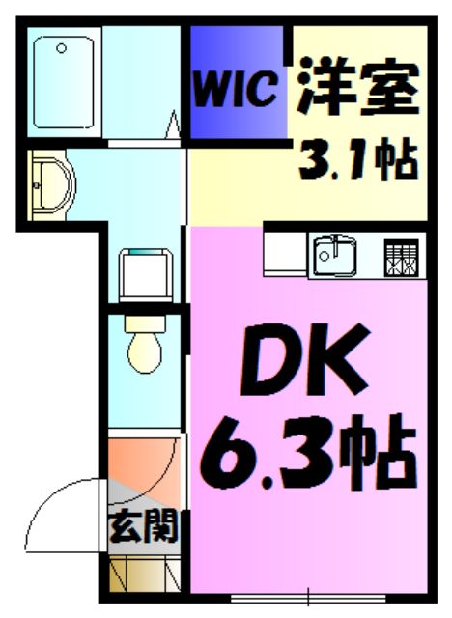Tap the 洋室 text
click(x=356, y=88)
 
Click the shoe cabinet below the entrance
click(x=142, y=576)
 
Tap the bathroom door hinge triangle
click(x=177, y=126)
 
